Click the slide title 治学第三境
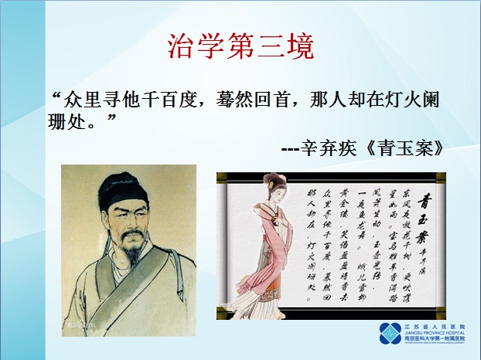pyautogui.click(x=240, y=46)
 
